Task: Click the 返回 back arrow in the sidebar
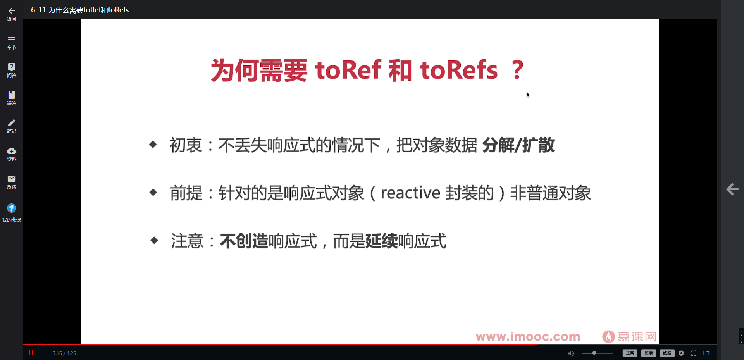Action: click(12, 11)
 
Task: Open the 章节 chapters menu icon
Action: click(12, 39)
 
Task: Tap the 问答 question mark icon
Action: click(12, 67)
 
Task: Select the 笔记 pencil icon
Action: click(12, 123)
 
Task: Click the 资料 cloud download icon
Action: click(12, 151)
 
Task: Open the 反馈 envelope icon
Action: click(12, 179)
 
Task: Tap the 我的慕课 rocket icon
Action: click(12, 208)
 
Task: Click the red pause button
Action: click(31, 353)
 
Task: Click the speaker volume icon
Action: click(571, 353)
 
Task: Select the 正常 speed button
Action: click(630, 353)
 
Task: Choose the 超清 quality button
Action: click(648, 353)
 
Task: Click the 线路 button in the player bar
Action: click(667, 353)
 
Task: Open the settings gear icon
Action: click(681, 353)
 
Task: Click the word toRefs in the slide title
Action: click(459, 70)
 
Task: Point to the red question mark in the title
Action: click(517, 70)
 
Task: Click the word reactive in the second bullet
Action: click(410, 193)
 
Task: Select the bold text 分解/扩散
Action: click(518, 145)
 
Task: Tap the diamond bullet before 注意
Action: click(154, 241)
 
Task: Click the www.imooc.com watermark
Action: click(528, 336)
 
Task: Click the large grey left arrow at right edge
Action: click(732, 189)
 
